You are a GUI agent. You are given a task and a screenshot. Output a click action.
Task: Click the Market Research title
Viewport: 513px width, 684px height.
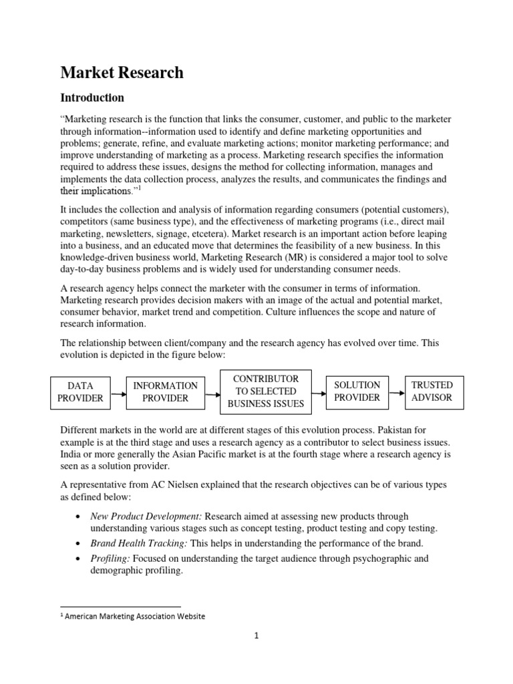pos(122,73)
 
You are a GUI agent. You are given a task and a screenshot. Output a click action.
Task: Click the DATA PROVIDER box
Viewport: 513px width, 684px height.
pos(80,391)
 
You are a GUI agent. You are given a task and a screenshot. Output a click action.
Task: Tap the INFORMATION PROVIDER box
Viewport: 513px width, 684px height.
pos(165,391)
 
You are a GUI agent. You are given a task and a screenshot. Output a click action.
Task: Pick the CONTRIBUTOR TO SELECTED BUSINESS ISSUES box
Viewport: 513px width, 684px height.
pos(265,391)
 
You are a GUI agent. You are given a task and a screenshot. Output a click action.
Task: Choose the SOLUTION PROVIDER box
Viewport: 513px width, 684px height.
pos(357,391)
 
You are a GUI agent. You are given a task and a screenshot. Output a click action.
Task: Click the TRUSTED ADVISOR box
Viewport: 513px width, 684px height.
pos(432,391)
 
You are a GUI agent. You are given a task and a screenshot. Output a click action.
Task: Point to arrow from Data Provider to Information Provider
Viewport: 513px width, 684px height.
pos(118,394)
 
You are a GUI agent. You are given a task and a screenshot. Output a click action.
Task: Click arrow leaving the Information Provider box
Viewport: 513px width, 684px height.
pos(212,394)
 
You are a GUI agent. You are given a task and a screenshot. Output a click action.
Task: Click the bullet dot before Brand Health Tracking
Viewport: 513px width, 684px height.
pos(80,544)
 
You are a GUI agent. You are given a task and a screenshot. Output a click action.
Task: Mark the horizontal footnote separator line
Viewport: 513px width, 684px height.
pos(120,607)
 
